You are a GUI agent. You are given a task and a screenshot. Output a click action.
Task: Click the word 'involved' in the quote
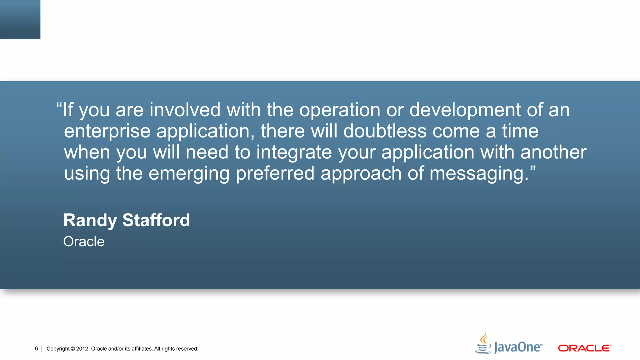coord(185,110)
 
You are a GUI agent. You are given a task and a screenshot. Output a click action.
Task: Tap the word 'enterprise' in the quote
coord(107,131)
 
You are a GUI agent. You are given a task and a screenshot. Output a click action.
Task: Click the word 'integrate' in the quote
coord(294,152)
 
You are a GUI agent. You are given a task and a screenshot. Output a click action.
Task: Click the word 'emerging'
coord(189,174)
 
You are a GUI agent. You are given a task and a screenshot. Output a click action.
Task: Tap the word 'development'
coord(465,110)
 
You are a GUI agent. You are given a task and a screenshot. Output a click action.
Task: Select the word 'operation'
coord(340,110)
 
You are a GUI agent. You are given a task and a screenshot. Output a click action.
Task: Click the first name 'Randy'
coord(90,221)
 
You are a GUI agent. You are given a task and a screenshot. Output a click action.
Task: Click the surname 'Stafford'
coord(156,220)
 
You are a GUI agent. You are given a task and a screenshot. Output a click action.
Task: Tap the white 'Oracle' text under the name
coord(84,242)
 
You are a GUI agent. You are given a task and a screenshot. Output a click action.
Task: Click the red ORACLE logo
coord(584,348)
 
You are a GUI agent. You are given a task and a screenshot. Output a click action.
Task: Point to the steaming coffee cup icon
coord(483,343)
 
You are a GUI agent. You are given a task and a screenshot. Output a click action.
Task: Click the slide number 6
coord(37,348)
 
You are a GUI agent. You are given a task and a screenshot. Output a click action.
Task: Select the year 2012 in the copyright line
coord(82,349)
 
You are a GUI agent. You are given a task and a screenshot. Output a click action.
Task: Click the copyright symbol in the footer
coord(73,349)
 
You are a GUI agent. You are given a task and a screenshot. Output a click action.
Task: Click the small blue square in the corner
coord(20,19)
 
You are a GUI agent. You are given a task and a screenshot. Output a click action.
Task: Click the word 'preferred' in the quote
coord(275,174)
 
